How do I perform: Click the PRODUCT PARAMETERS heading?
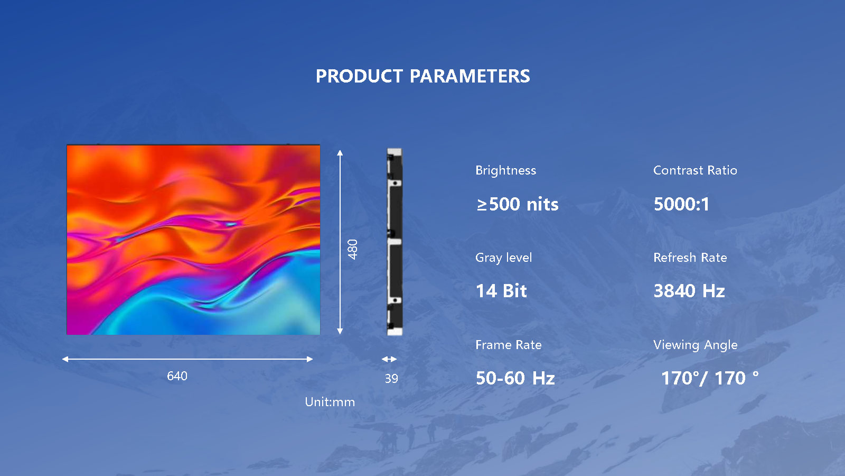coord(422,76)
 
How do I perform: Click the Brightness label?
coord(505,170)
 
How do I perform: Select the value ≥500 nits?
coord(518,204)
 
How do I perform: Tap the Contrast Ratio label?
coord(695,170)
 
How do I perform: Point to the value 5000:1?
coord(681,204)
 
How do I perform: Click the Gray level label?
coord(503,258)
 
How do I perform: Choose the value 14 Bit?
coord(501,291)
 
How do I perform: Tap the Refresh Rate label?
coord(690,258)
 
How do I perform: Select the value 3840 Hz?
coord(689,291)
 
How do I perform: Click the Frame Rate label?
coord(508,345)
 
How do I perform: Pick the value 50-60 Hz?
coord(515,378)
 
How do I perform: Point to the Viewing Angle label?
coord(695,345)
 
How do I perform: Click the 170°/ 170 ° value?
coord(709,378)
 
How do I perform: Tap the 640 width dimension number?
coord(177,376)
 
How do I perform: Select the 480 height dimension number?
coord(353,249)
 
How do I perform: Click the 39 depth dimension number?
coord(391,379)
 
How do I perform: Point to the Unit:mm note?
coord(330,402)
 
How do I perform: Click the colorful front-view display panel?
coord(193,240)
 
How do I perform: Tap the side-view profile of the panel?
coord(395,242)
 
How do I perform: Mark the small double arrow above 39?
coord(389,359)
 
